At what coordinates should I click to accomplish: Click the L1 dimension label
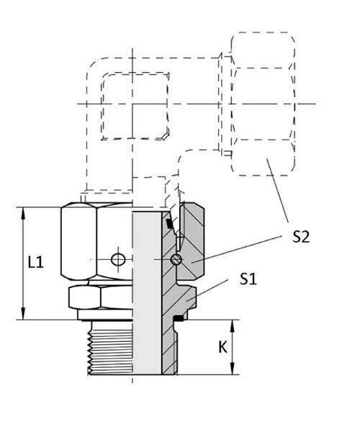point(36,262)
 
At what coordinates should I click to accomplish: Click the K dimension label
point(222,347)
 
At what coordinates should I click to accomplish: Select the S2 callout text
point(301,236)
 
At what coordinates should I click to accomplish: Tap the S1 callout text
point(248,279)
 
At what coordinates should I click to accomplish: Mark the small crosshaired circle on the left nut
point(118,259)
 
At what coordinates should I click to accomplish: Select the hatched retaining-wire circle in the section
point(176,259)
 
